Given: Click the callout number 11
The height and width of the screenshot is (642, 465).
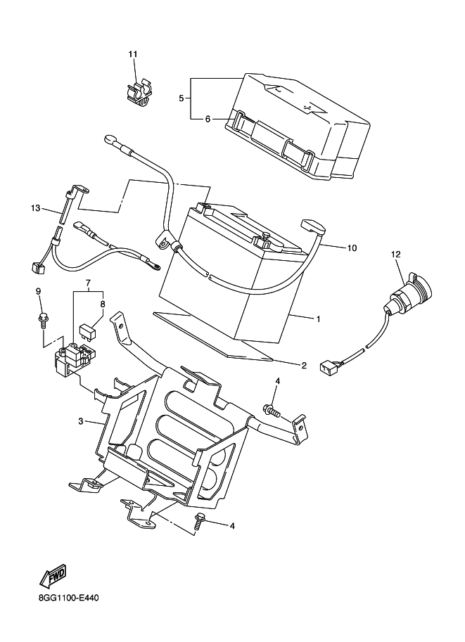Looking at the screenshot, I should click(x=134, y=54).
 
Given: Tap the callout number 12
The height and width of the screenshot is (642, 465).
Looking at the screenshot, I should click(x=395, y=254).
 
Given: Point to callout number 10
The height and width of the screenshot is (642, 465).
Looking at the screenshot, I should click(x=352, y=248).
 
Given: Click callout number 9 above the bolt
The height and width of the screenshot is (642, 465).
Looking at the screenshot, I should click(x=39, y=291).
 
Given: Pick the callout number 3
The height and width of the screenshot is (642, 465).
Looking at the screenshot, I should click(x=81, y=421).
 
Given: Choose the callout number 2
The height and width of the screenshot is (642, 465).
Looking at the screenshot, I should click(x=304, y=365).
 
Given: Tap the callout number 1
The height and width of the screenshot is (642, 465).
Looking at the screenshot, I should click(x=318, y=319).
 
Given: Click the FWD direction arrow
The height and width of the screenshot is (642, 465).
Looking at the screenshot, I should click(x=53, y=577).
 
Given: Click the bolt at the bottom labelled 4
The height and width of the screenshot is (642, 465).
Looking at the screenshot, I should click(x=199, y=521).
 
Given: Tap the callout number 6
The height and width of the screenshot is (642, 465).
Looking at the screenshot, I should click(x=208, y=119).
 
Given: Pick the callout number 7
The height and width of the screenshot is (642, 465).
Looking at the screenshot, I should click(x=89, y=284).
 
